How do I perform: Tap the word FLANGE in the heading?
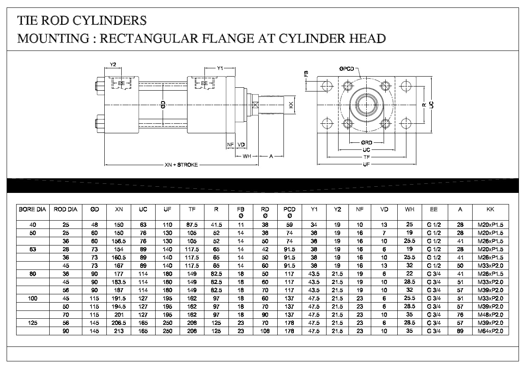point(228,38)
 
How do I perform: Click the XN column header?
point(119,209)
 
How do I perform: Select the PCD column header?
point(289,209)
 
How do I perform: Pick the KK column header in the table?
point(490,209)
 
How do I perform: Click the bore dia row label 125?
point(33,323)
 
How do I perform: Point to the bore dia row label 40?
point(33,225)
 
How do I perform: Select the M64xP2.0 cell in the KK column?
point(490,331)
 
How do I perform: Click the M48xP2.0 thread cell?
point(490,315)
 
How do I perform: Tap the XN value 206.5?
point(119,323)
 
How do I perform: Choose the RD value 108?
point(265,331)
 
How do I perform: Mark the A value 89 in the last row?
point(460,331)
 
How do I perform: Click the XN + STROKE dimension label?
point(181,165)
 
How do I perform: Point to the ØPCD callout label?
point(346,69)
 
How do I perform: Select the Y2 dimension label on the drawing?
point(113,64)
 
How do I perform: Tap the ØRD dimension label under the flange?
point(367,142)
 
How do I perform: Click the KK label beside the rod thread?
point(291,105)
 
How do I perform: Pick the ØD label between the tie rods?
point(163,104)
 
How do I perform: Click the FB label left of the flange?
point(306,74)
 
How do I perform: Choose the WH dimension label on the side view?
point(247,156)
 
